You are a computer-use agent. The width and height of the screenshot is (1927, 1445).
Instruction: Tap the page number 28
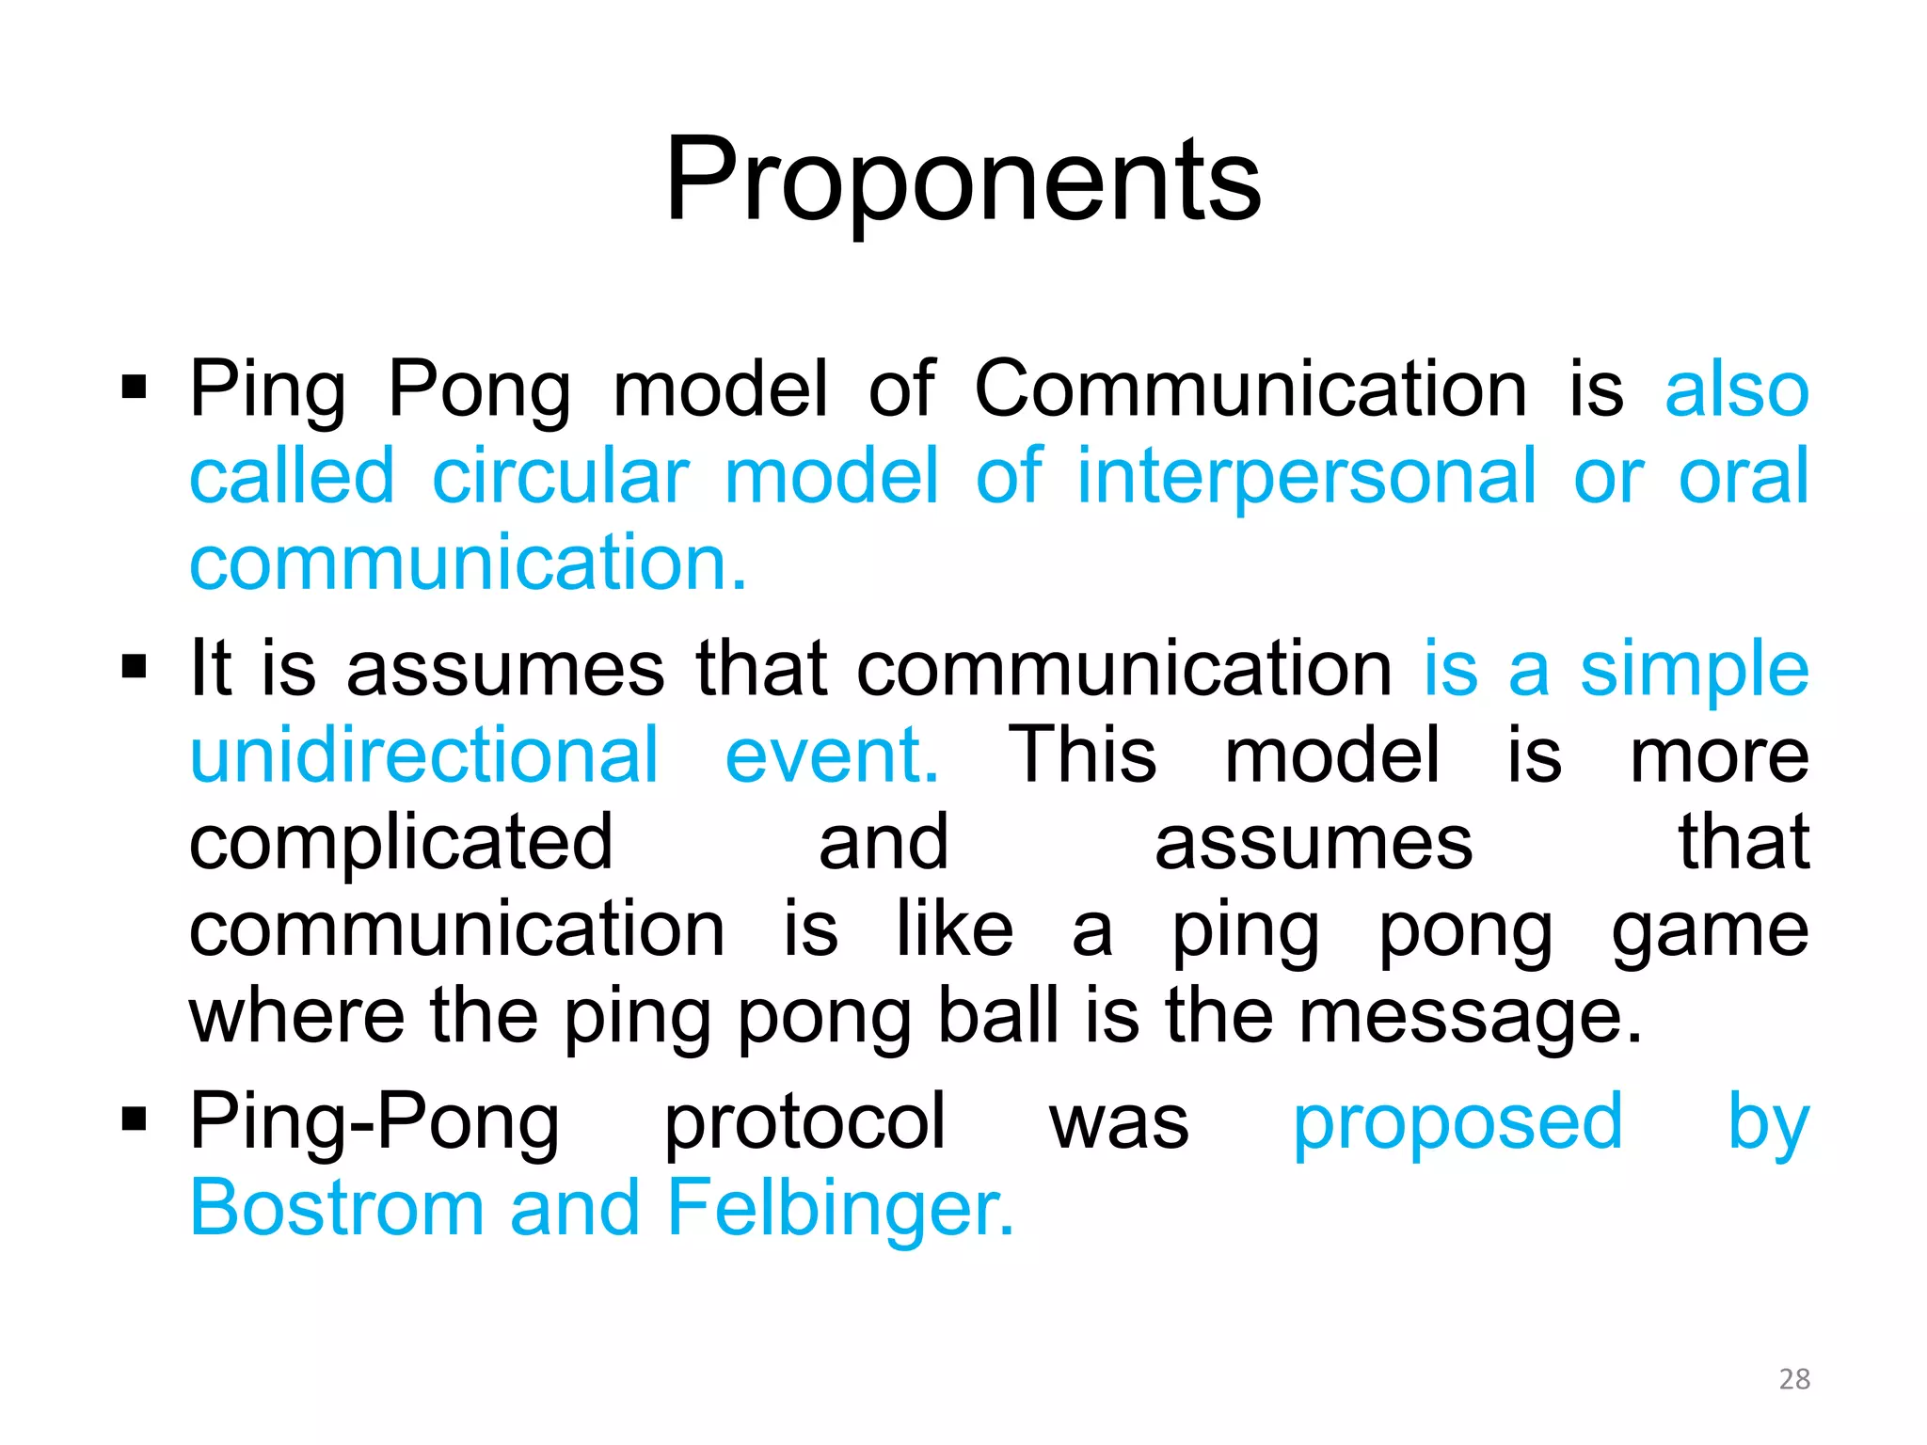pos(1794,1378)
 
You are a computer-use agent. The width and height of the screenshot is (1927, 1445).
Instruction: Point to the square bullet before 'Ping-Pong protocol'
pos(135,1119)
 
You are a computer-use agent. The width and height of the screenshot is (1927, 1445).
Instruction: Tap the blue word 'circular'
pos(561,476)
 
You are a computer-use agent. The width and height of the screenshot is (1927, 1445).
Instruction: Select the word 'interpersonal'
pos(1306,476)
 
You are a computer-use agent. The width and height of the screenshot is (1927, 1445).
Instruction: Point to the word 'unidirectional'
pos(424,754)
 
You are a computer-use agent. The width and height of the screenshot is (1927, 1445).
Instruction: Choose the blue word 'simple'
pos(1694,668)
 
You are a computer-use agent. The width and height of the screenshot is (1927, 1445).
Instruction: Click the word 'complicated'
pos(402,841)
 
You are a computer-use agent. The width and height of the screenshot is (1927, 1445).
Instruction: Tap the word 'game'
pos(1710,929)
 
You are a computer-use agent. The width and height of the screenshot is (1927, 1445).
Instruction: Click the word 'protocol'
pos(804,1121)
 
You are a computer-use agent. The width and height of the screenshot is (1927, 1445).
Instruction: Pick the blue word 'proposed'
pos(1457,1121)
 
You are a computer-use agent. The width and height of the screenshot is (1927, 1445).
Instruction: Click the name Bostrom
pos(337,1208)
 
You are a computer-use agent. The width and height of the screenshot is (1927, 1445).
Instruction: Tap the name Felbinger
pos(839,1208)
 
